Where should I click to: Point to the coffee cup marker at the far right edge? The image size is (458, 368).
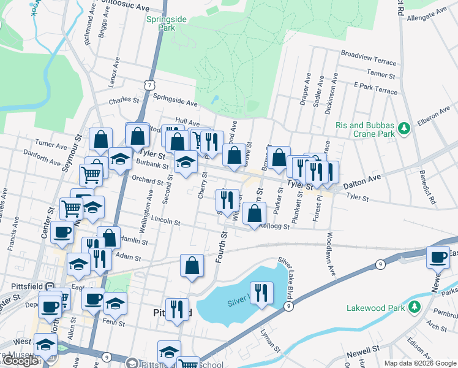tap(438, 257)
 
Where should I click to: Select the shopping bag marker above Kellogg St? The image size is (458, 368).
tap(254, 213)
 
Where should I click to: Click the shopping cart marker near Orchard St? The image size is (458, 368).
tap(91, 175)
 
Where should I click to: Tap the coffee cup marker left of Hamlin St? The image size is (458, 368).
tap(62, 232)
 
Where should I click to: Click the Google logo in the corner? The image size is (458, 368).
tap(21, 361)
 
